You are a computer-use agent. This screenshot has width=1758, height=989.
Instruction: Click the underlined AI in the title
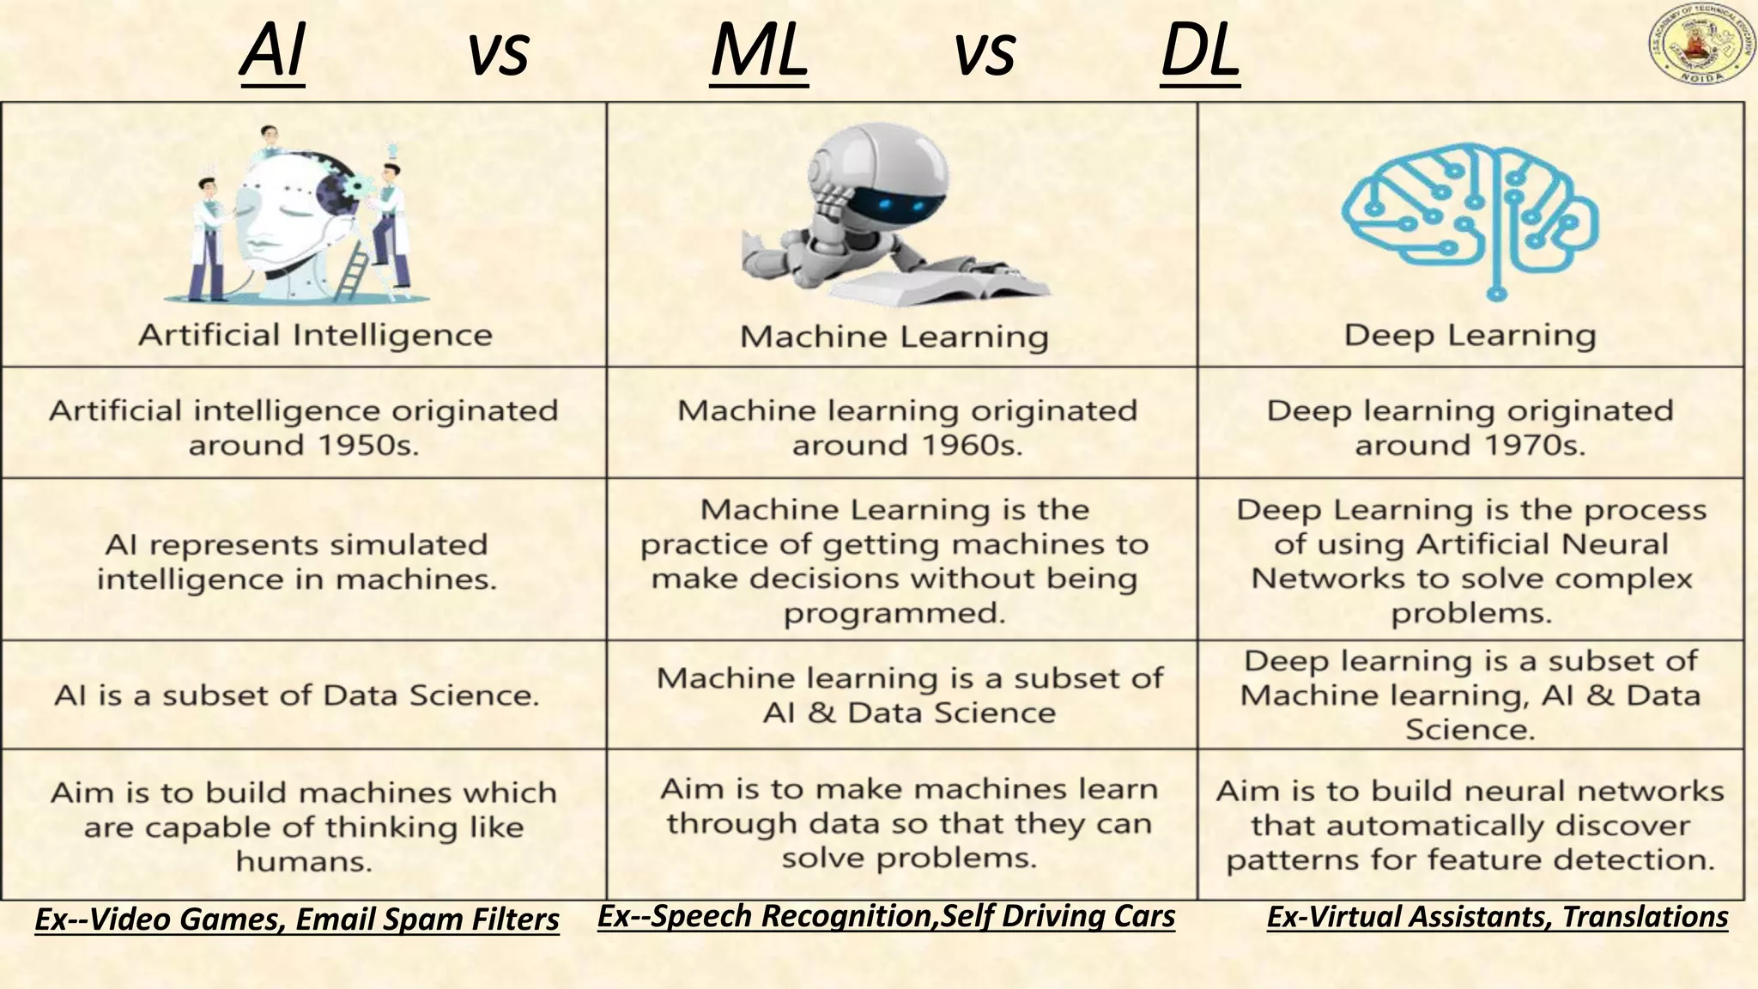(x=273, y=52)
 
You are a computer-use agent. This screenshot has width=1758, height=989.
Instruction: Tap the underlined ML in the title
(x=760, y=52)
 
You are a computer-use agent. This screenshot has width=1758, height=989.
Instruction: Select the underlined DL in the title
(x=1200, y=52)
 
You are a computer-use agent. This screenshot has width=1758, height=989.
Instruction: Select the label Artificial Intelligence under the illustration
(x=315, y=335)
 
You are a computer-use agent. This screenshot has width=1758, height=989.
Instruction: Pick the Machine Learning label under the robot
(x=894, y=337)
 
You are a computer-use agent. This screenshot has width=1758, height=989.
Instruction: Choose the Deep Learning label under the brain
(x=1470, y=335)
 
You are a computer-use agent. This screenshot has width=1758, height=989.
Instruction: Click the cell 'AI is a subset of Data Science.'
(x=297, y=695)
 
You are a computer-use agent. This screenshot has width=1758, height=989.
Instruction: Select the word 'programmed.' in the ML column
(x=894, y=613)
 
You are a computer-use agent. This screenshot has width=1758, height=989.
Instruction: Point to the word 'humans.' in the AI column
(x=304, y=861)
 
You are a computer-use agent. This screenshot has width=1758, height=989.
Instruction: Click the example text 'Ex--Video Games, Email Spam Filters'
(x=297, y=919)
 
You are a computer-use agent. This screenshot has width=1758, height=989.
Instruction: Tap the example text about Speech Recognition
(x=886, y=916)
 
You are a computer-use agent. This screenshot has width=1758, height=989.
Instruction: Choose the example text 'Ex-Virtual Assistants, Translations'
(x=1497, y=917)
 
